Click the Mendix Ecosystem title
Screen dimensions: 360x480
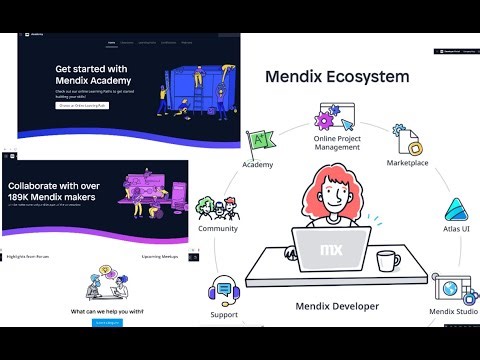pos(336,76)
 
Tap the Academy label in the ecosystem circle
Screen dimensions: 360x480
pos(259,164)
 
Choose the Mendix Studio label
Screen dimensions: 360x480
pos(453,312)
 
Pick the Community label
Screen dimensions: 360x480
pos(218,228)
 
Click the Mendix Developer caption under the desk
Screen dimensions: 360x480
pos(336,304)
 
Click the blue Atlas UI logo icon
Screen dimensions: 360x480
pos(456,208)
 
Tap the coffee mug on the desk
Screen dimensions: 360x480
pos(388,260)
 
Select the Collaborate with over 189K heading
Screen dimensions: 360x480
pos(52,191)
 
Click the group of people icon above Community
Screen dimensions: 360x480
pos(218,207)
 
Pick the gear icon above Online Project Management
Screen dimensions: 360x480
pos(325,119)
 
